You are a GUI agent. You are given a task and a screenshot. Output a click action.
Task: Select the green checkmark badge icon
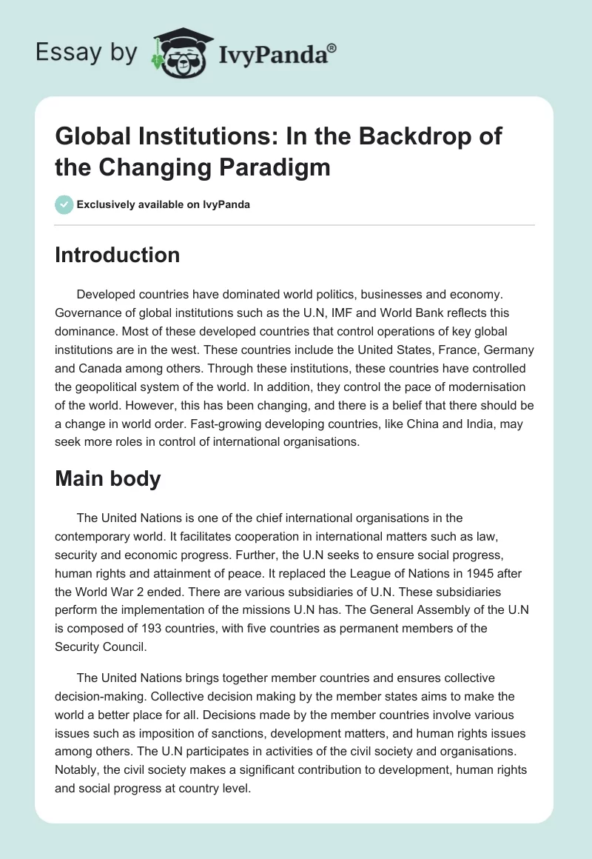[x=64, y=204]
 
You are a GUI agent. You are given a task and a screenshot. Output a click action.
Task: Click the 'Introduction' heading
[x=118, y=255]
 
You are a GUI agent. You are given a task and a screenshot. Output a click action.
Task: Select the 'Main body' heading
[x=107, y=478]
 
